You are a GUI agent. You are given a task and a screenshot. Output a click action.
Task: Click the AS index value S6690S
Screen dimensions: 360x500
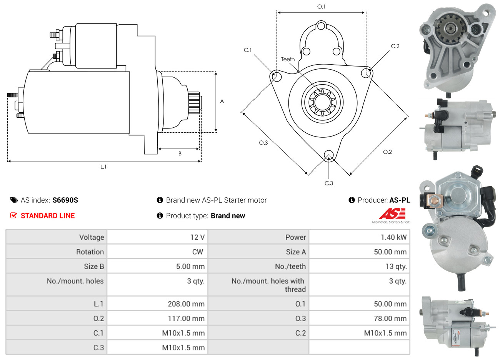[65, 200]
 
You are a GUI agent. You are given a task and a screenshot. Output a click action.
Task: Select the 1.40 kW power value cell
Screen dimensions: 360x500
[393, 237]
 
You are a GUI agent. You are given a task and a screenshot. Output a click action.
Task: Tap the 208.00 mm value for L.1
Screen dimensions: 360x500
[186, 304]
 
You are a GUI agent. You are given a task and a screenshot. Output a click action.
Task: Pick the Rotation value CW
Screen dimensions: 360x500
[197, 252]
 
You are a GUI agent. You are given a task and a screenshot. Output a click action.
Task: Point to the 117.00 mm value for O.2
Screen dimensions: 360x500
[186, 318]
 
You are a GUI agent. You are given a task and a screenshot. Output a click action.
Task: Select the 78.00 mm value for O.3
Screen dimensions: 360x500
[390, 318]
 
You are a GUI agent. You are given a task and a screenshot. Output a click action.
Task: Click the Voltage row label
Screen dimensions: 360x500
[92, 237]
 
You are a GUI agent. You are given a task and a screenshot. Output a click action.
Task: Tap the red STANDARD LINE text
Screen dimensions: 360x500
[48, 216]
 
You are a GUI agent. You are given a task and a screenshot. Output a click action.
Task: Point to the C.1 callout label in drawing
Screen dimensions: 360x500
[248, 50]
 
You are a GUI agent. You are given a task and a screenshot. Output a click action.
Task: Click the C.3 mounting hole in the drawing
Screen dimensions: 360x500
[329, 155]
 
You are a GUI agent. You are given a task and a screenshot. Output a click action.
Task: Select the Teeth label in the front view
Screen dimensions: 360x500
[288, 59]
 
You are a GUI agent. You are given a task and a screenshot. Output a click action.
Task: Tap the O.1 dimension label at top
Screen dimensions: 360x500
[321, 7]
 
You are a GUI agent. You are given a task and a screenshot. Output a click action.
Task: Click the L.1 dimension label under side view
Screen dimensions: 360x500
[103, 167]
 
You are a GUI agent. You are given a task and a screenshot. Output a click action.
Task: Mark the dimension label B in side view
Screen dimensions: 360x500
[180, 153]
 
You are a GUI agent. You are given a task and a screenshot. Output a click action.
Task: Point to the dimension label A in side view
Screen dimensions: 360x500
[222, 101]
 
